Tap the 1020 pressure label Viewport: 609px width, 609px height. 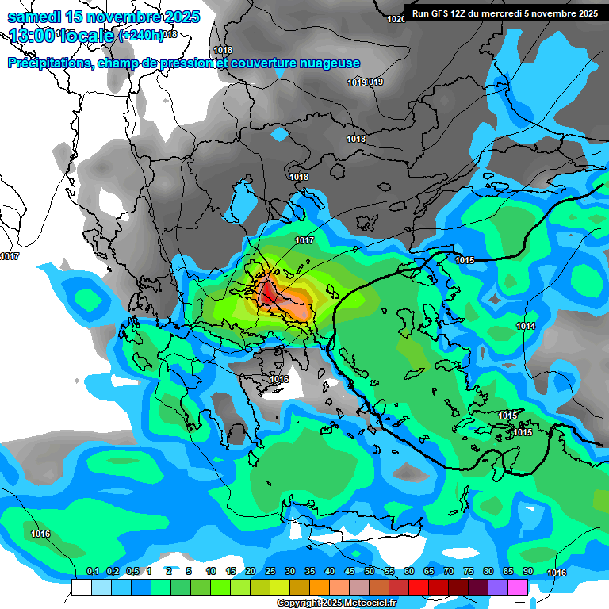[396, 19]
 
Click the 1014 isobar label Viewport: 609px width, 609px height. [526, 327]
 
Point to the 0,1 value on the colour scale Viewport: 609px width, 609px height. [93, 571]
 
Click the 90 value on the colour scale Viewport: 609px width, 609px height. [527, 571]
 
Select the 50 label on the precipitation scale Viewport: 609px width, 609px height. [370, 571]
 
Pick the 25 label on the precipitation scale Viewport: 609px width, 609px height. [270, 571]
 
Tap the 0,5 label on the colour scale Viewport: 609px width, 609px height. [132, 571]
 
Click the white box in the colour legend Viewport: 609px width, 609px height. [81, 587]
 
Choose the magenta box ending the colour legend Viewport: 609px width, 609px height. [517, 587]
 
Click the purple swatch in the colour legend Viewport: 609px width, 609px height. [497, 587]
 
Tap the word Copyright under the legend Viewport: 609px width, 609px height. [301, 603]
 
